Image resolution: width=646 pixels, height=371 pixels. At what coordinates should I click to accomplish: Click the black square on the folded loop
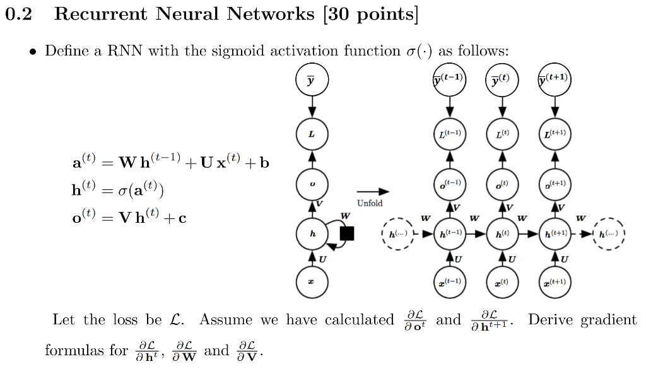pyautogui.click(x=346, y=233)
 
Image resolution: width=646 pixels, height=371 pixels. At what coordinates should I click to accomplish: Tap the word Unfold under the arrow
pyautogui.click(x=370, y=203)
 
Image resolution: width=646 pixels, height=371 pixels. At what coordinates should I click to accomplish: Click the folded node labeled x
pyautogui.click(x=312, y=281)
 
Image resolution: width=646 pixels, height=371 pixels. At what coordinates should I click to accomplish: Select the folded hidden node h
pyautogui.click(x=312, y=233)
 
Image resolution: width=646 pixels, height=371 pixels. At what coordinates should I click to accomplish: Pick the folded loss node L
pyautogui.click(x=312, y=134)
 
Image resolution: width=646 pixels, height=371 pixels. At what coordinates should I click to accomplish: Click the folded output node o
pyautogui.click(x=312, y=184)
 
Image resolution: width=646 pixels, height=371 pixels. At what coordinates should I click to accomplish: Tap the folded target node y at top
pyautogui.click(x=312, y=81)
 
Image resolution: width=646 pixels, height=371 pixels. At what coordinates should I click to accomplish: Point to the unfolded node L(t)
pyautogui.click(x=502, y=134)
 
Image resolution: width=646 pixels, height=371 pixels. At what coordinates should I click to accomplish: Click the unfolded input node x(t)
pyautogui.click(x=502, y=281)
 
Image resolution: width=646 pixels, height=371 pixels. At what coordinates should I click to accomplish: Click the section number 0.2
pyautogui.click(x=18, y=15)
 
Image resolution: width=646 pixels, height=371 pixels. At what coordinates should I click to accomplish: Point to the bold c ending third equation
pyautogui.click(x=182, y=218)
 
